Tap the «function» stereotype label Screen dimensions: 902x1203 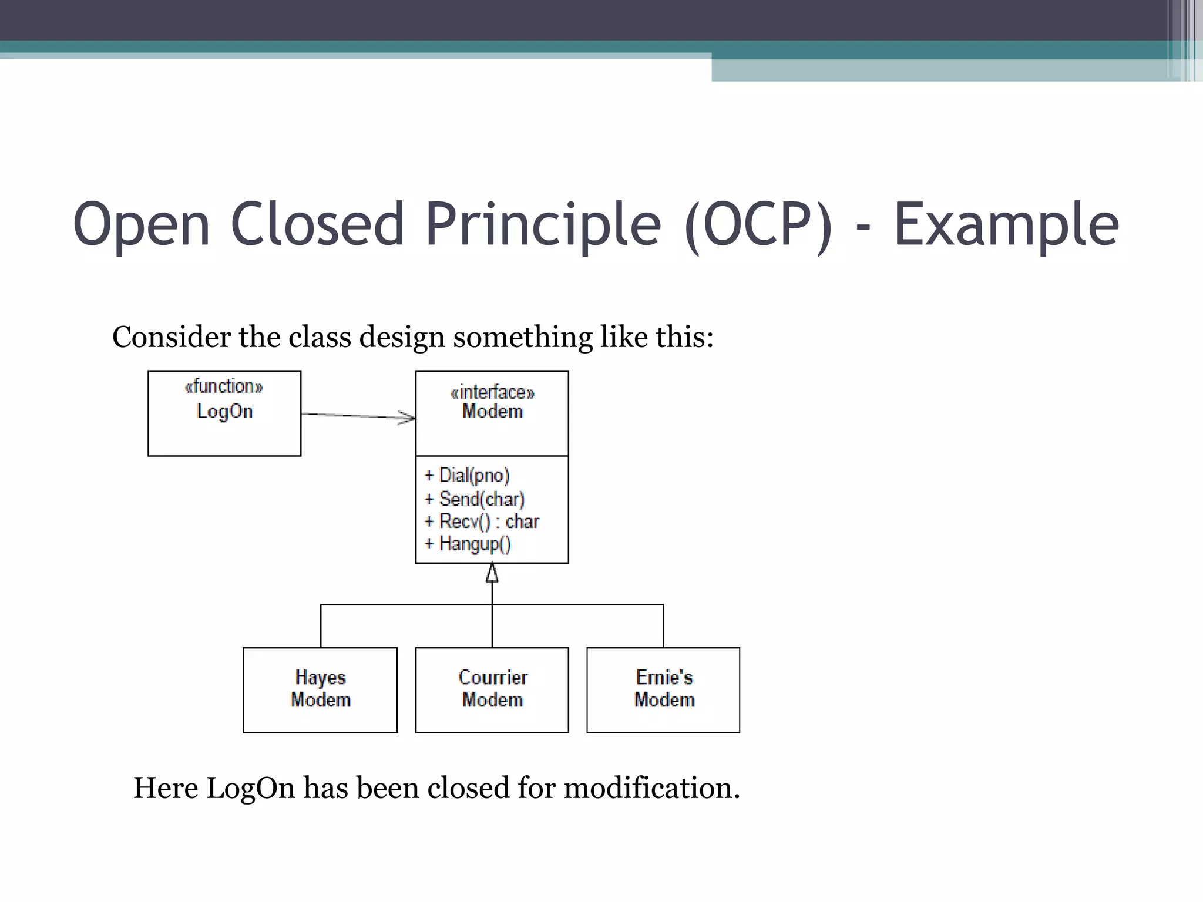(224, 386)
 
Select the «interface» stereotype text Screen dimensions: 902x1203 (492, 392)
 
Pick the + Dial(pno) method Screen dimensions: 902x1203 (468, 475)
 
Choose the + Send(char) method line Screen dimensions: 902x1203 (475, 499)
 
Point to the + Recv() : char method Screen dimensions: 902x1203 (482, 521)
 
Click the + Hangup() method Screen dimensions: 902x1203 (468, 544)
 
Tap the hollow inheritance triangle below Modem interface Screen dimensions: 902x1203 (492, 573)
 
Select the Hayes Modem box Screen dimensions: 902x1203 (320, 689)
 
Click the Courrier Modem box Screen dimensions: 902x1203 (492, 689)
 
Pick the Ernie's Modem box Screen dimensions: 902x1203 (663, 689)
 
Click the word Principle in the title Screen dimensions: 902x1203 (543, 224)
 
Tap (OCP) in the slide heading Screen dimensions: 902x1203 (758, 224)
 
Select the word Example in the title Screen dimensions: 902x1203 (1006, 224)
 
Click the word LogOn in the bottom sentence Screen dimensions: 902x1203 (251, 787)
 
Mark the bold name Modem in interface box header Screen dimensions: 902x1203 (492, 411)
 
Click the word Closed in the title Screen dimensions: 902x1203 (318, 224)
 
